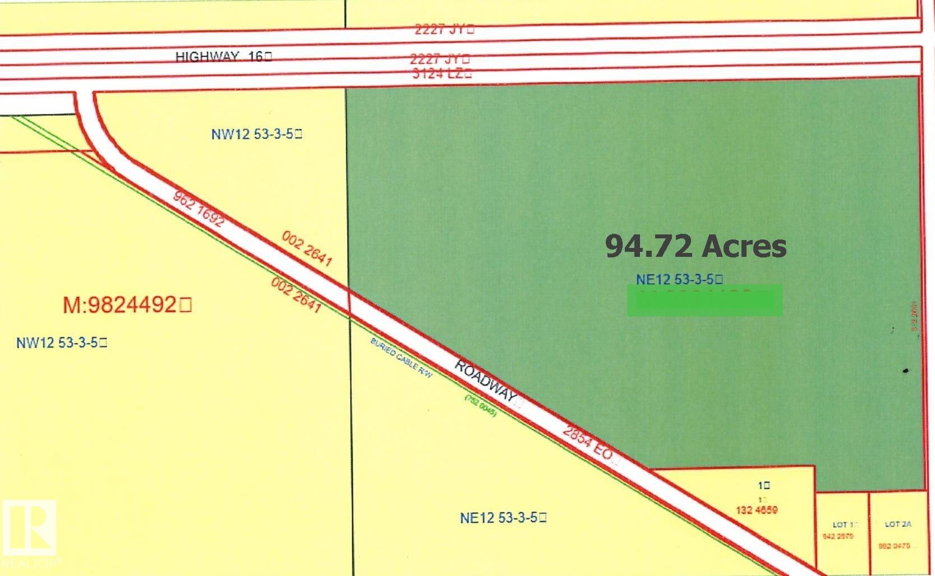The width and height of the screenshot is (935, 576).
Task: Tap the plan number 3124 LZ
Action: pyautogui.click(x=441, y=73)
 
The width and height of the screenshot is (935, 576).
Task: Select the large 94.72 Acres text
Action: pyautogui.click(x=696, y=246)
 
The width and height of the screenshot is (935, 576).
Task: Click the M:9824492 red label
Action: pyautogui.click(x=127, y=305)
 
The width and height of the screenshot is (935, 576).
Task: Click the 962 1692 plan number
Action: pyautogui.click(x=199, y=209)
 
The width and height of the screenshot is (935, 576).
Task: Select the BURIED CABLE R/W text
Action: pyautogui.click(x=401, y=358)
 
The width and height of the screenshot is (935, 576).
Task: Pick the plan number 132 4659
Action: pyautogui.click(x=756, y=510)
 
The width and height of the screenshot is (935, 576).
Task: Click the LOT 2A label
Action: pyautogui.click(x=898, y=524)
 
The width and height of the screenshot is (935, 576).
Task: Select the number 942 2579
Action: pyautogui.click(x=838, y=537)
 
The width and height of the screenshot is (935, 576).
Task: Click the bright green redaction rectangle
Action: pyautogui.click(x=704, y=300)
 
